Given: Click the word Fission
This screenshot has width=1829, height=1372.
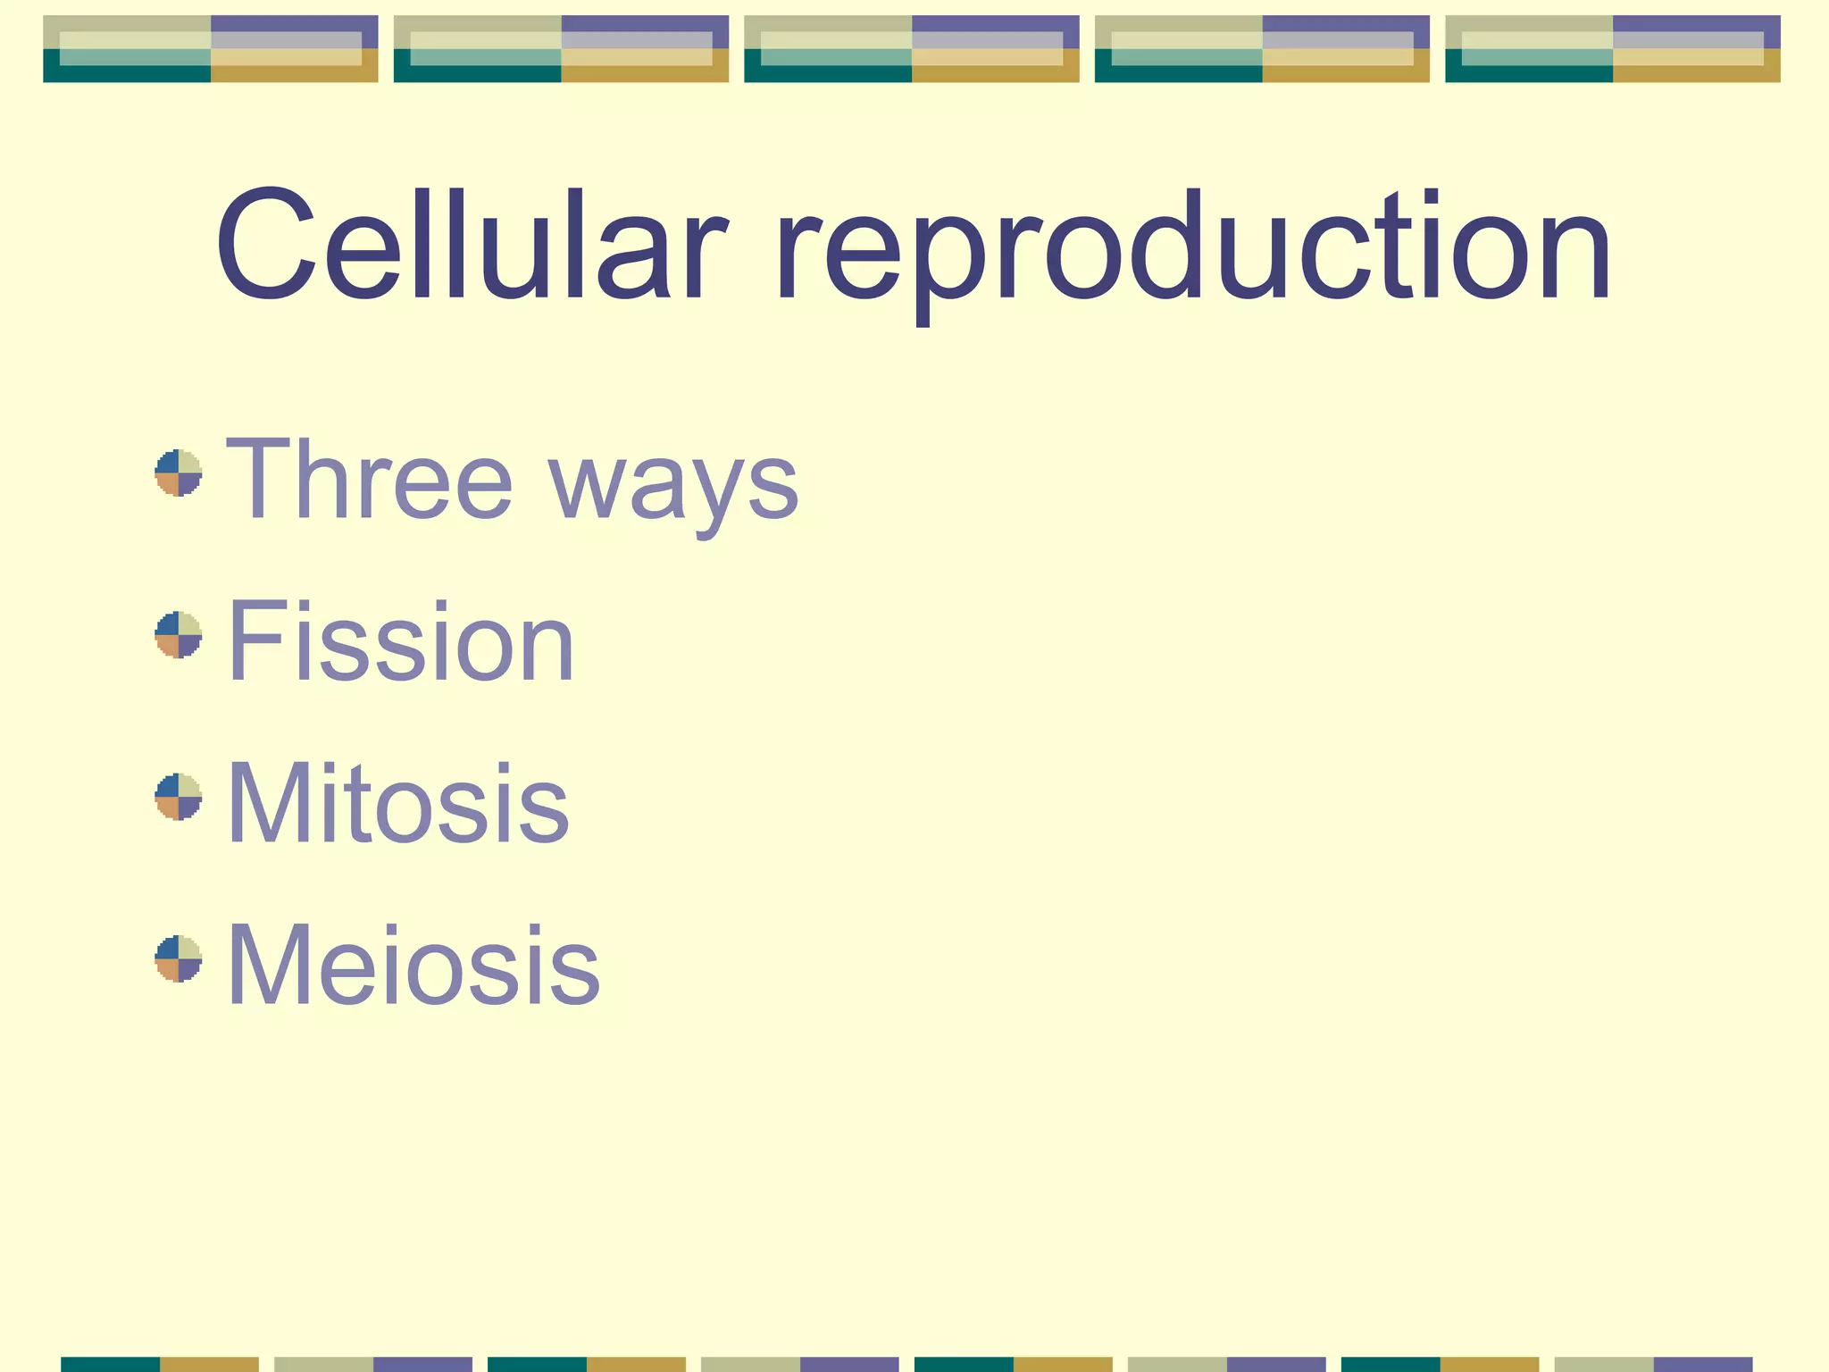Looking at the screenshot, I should [x=401, y=640].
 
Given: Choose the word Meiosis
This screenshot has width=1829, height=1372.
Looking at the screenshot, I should [x=413, y=965].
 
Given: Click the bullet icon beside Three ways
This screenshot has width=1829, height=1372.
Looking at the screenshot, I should [x=179, y=473].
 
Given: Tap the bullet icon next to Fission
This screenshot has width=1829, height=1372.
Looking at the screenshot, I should [x=179, y=635].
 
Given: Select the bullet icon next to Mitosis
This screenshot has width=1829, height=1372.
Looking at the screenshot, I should [x=179, y=797].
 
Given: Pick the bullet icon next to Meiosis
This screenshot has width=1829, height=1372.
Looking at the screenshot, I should [x=179, y=959].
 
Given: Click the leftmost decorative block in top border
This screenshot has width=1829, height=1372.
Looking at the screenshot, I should [x=211, y=49].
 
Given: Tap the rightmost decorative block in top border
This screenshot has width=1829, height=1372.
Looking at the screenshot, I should [x=1612, y=49].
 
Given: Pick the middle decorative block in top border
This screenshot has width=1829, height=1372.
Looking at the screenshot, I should [x=912, y=49].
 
